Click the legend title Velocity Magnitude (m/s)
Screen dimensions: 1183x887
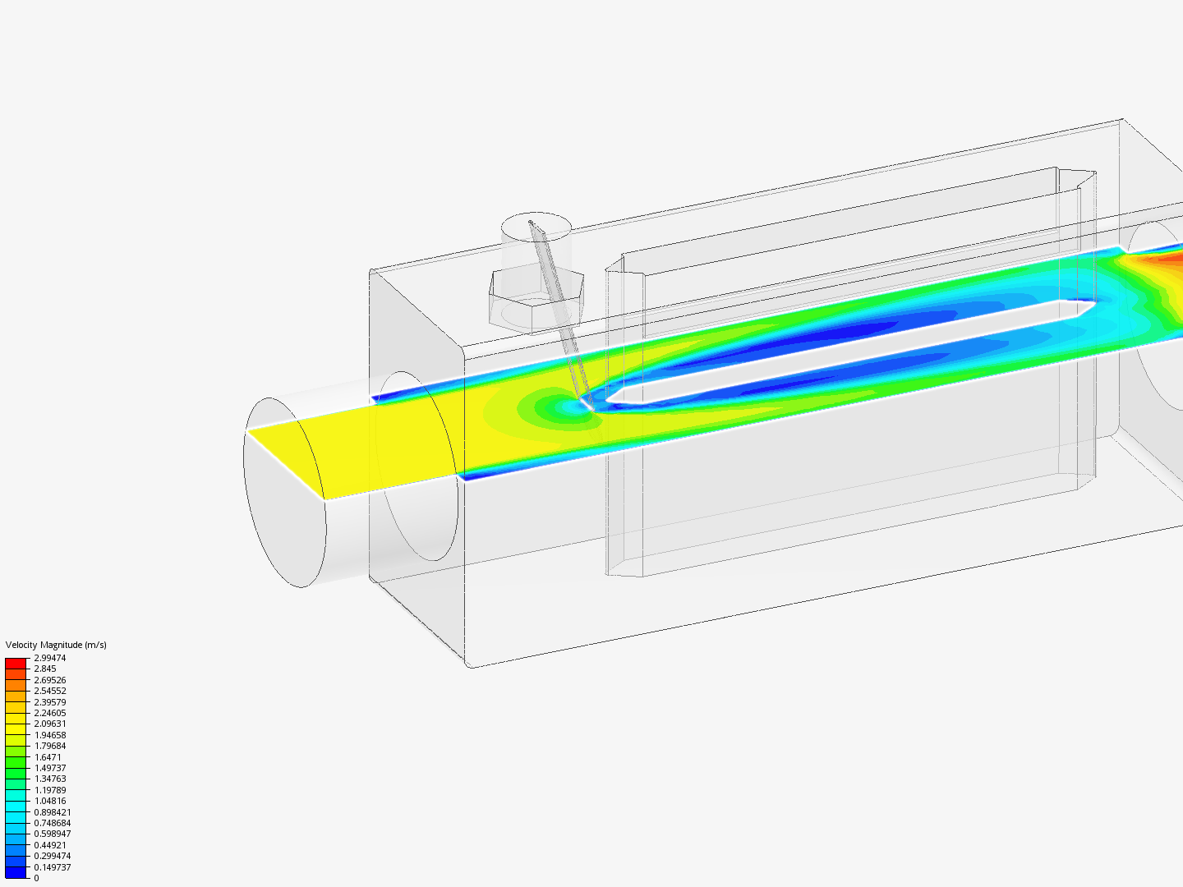pos(56,645)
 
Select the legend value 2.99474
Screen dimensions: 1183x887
pos(49,658)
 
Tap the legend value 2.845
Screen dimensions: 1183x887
pos(44,669)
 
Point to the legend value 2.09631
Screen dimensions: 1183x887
pos(49,724)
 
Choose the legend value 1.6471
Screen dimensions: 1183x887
pos(48,757)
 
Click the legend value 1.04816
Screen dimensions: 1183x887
pos(49,801)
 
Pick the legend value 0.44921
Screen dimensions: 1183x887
pos(49,845)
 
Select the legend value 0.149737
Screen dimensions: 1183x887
pos(53,867)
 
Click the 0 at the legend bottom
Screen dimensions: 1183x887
pos(36,878)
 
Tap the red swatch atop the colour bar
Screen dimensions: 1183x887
pos(16,663)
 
